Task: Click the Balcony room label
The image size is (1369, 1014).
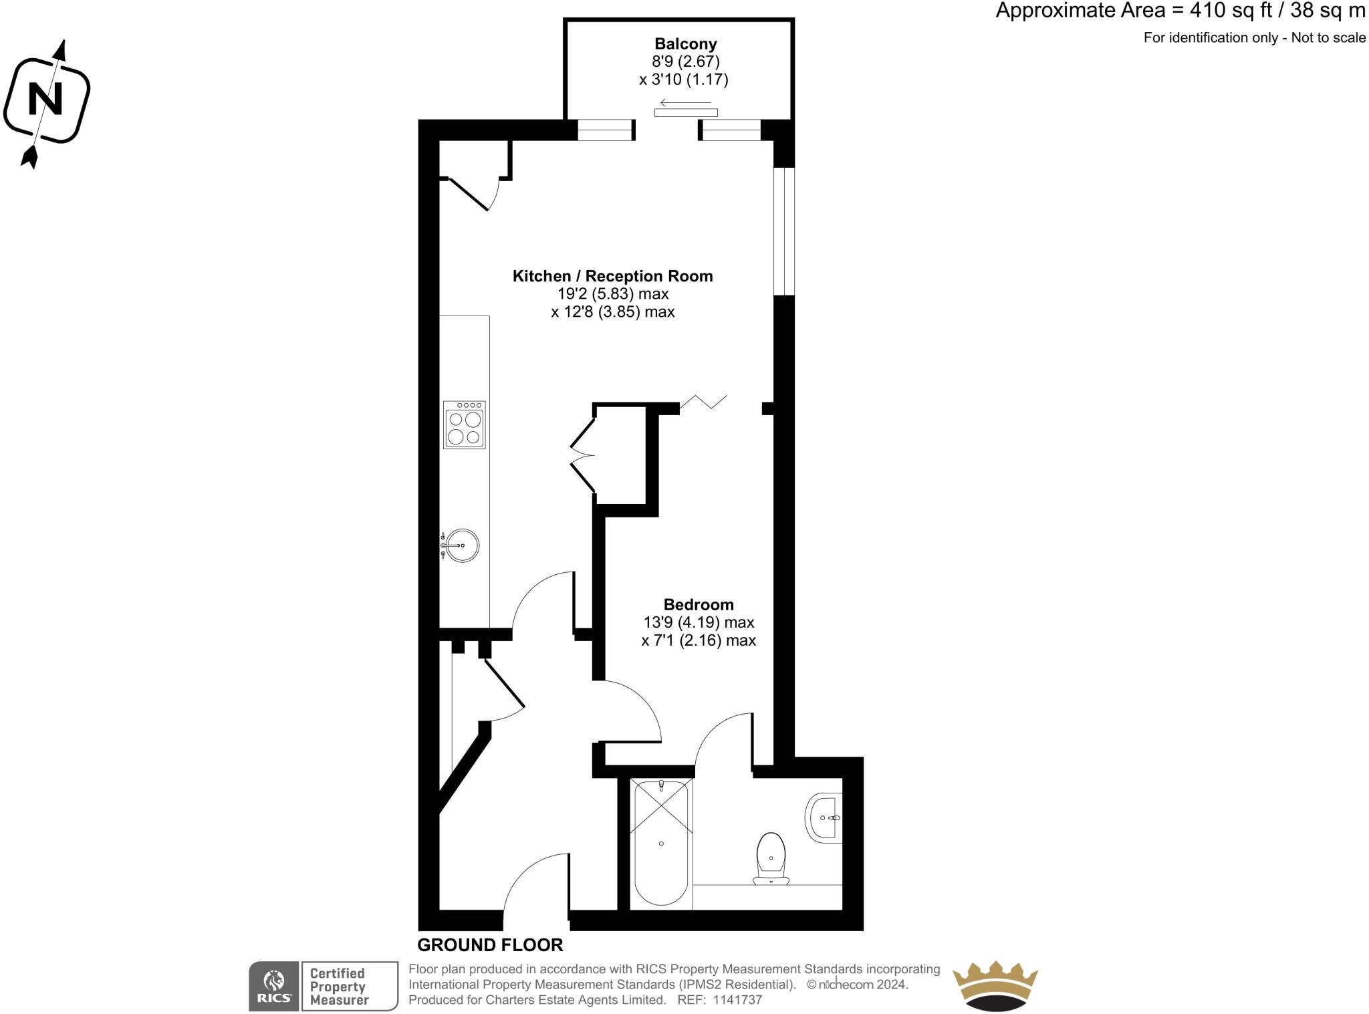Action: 685,44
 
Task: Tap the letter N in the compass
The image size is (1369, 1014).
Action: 45,100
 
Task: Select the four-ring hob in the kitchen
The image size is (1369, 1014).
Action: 464,425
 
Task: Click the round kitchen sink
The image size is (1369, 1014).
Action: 462,545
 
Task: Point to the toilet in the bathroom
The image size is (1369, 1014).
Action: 771,859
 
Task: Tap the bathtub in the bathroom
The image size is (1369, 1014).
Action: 660,844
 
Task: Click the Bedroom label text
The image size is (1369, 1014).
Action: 699,604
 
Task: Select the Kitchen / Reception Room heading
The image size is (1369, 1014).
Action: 612,276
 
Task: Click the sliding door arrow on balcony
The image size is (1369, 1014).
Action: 685,103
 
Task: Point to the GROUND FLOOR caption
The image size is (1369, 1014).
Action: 490,944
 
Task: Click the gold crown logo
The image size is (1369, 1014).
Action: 994,986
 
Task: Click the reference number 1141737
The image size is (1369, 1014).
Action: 737,1000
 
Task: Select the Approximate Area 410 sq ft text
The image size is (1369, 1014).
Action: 1180,11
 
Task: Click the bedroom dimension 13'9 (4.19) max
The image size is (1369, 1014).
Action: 699,622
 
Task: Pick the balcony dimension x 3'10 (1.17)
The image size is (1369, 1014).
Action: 683,80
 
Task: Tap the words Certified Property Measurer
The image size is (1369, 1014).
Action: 339,987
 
